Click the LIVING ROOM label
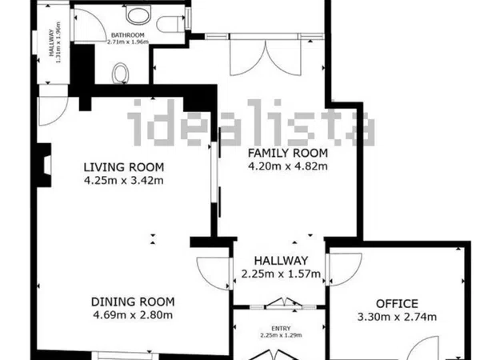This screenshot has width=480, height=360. [x=124, y=167]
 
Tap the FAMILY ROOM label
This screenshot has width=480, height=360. [x=288, y=153]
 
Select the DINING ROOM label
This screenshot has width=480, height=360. [x=133, y=302]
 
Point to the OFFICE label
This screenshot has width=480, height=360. [x=397, y=304]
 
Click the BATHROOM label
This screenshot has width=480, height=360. [x=128, y=35]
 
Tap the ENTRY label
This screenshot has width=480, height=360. [x=281, y=329]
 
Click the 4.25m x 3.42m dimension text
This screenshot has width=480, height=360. [x=124, y=180]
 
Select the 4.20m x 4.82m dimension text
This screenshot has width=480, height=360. [x=288, y=166]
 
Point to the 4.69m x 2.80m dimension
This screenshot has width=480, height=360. [x=133, y=314]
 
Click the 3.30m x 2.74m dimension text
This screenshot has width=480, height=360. [x=397, y=317]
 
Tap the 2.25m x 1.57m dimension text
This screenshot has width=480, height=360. [x=281, y=274]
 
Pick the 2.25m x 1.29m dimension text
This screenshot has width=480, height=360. [x=281, y=335]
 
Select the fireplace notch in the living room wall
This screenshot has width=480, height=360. [x=45, y=165]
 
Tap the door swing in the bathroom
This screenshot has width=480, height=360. [x=89, y=25]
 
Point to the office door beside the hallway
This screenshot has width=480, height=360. [x=344, y=269]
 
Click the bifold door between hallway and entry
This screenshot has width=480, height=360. [x=283, y=302]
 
